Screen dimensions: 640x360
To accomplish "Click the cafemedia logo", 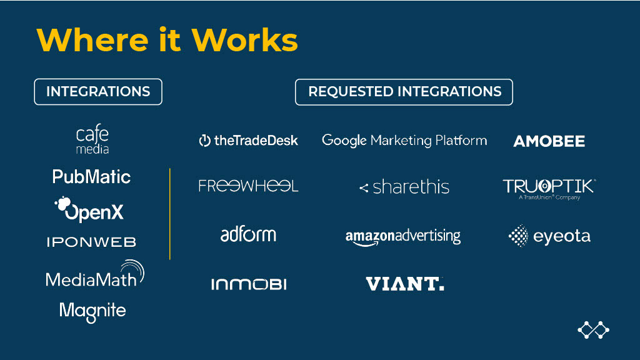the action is pyautogui.click(x=92, y=140).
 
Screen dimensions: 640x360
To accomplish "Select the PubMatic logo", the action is pyautogui.click(x=91, y=177).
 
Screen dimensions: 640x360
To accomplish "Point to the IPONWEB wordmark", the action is pyautogui.click(x=91, y=242).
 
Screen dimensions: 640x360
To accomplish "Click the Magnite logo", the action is pyautogui.click(x=92, y=311).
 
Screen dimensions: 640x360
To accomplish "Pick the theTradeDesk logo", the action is pyautogui.click(x=248, y=141).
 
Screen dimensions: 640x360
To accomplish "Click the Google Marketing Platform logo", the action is pyautogui.click(x=404, y=141).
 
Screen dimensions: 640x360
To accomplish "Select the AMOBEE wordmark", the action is pyautogui.click(x=549, y=142).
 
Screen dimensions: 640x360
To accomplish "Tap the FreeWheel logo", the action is pyautogui.click(x=248, y=186).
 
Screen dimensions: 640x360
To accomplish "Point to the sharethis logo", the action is pyautogui.click(x=404, y=187).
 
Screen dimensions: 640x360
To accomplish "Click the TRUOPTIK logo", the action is pyautogui.click(x=549, y=187).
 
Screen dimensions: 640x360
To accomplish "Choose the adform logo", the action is pyautogui.click(x=248, y=234).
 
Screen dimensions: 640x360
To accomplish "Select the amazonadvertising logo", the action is pyautogui.click(x=403, y=237).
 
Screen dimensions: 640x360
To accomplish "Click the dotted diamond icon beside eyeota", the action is pyautogui.click(x=518, y=236).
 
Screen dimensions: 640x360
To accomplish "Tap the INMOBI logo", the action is pyautogui.click(x=248, y=284).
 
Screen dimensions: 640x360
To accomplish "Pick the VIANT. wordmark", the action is pyautogui.click(x=404, y=284).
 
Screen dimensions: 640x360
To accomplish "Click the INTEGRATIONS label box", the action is pyautogui.click(x=98, y=92).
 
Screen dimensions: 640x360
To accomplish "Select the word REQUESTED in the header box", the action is pyautogui.click(x=346, y=92).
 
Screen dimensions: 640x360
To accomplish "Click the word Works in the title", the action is pyautogui.click(x=245, y=39).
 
